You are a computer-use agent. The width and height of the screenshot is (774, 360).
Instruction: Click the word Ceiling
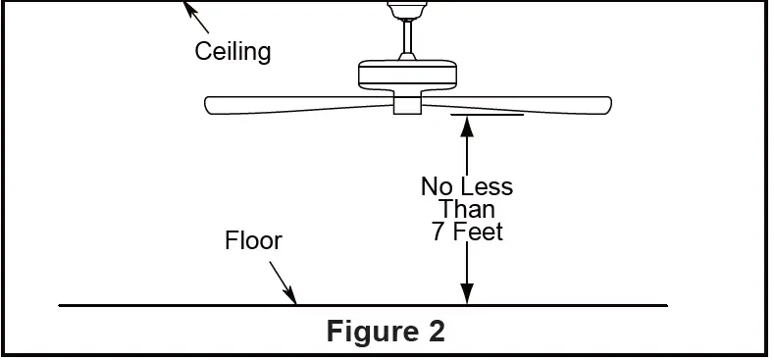pos(232,51)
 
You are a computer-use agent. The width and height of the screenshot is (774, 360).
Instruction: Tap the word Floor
pos(253,241)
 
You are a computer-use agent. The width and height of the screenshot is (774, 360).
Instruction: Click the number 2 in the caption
pos(436,332)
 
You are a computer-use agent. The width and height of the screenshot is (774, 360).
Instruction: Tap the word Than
pos(467,209)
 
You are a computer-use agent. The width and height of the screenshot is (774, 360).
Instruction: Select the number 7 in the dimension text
pos(438,232)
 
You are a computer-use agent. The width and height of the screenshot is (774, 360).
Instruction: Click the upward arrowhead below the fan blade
pos(467,123)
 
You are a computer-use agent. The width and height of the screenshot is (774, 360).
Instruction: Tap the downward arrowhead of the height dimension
pos(467,295)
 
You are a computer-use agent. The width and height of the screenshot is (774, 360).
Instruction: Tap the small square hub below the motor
pos(406,104)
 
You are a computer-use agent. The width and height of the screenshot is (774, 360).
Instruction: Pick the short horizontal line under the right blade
pos(488,114)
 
